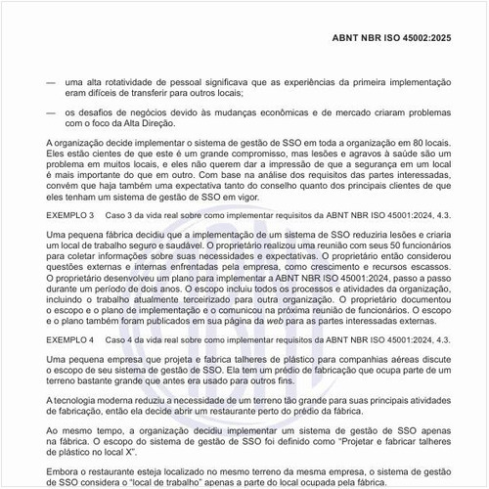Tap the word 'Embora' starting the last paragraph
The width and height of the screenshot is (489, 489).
coord(61,471)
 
